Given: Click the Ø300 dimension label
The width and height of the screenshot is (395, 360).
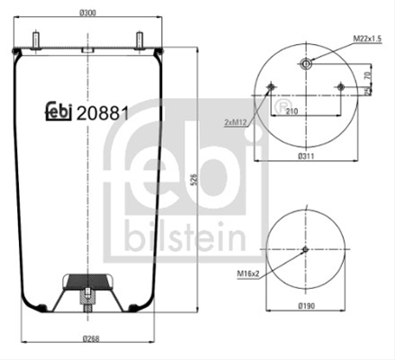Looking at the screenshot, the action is [87, 13].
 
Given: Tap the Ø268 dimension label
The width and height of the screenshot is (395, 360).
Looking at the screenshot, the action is [90, 338].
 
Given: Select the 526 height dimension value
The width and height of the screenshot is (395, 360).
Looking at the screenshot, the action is [194, 179].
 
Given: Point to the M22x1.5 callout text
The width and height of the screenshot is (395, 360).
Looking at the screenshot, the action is [367, 39].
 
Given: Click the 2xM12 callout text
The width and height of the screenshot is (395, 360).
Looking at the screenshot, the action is [235, 122].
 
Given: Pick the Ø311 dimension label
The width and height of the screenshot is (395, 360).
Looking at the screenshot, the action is [306, 156].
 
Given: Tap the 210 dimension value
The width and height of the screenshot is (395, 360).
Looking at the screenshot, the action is [292, 112].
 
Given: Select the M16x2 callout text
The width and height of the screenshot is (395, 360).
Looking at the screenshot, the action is [247, 274].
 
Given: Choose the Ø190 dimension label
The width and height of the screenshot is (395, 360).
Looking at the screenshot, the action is [307, 306].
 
